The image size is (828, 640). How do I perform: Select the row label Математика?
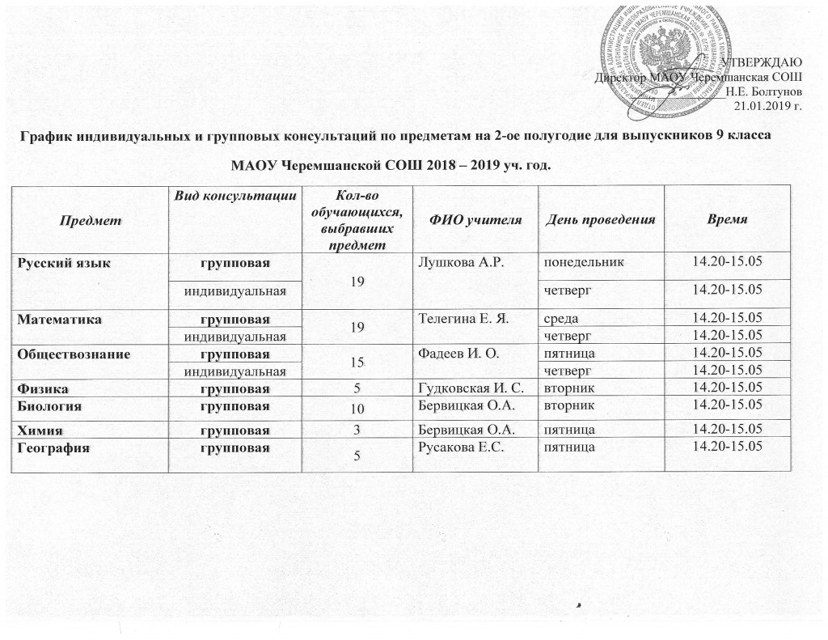(51, 320)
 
